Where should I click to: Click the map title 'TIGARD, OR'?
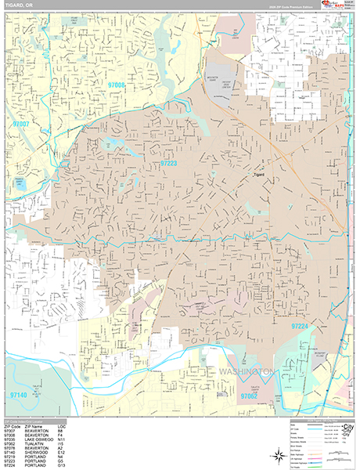19,5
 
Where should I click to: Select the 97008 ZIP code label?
117,84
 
